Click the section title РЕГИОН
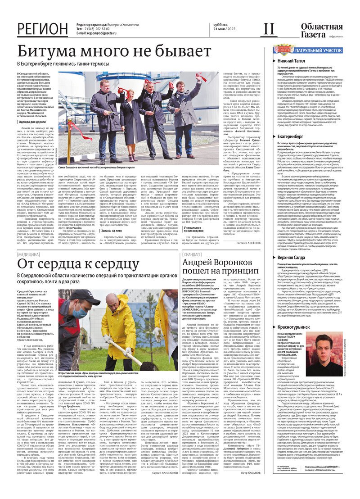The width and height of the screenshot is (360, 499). [x=43, y=29]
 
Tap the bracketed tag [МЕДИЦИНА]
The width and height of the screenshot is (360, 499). [x=28, y=254]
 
